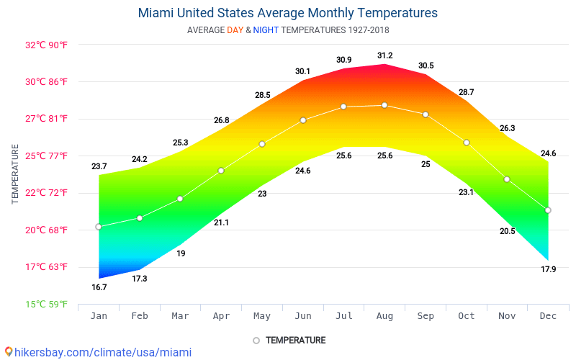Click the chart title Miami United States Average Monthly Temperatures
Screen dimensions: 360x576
[287, 13]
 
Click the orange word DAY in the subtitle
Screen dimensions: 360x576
[235, 30]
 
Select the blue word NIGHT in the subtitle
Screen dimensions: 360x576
[266, 30]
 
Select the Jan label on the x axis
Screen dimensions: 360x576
[99, 316]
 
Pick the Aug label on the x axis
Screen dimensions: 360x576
[384, 316]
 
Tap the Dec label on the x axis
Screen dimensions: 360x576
[548, 316]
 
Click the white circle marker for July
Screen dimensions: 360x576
[343, 107]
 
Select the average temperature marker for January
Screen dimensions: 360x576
[99, 227]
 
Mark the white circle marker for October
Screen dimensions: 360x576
[467, 143]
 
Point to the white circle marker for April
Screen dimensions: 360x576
[221, 171]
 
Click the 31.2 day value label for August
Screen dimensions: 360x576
[384, 55]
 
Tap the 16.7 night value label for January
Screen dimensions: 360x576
[99, 287]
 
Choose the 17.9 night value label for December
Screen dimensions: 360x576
[548, 269]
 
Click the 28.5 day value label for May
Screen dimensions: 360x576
[262, 95]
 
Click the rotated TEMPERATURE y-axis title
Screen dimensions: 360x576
[15, 174]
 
